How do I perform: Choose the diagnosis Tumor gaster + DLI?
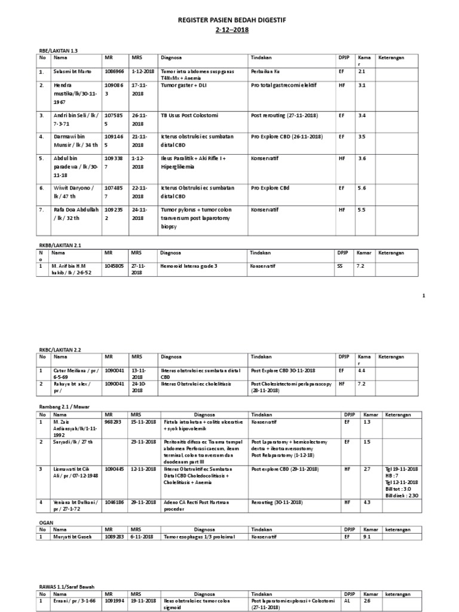(182, 85)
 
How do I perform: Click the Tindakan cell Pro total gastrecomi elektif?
(283, 85)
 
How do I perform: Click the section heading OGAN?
(46, 522)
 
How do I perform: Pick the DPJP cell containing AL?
(347, 601)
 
